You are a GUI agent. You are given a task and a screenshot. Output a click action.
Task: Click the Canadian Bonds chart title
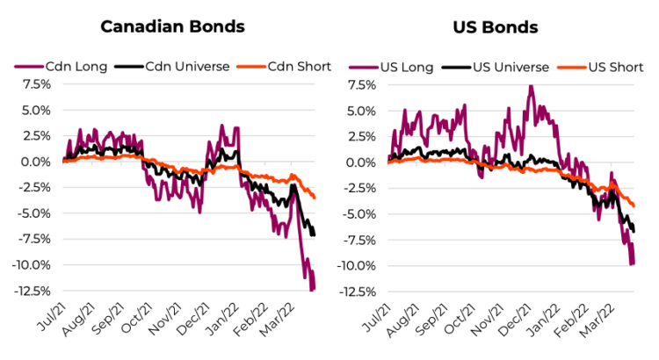[x=172, y=26]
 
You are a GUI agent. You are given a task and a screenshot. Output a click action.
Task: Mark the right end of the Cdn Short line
[x=315, y=198]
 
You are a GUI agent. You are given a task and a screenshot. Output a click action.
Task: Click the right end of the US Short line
[x=633, y=206]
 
